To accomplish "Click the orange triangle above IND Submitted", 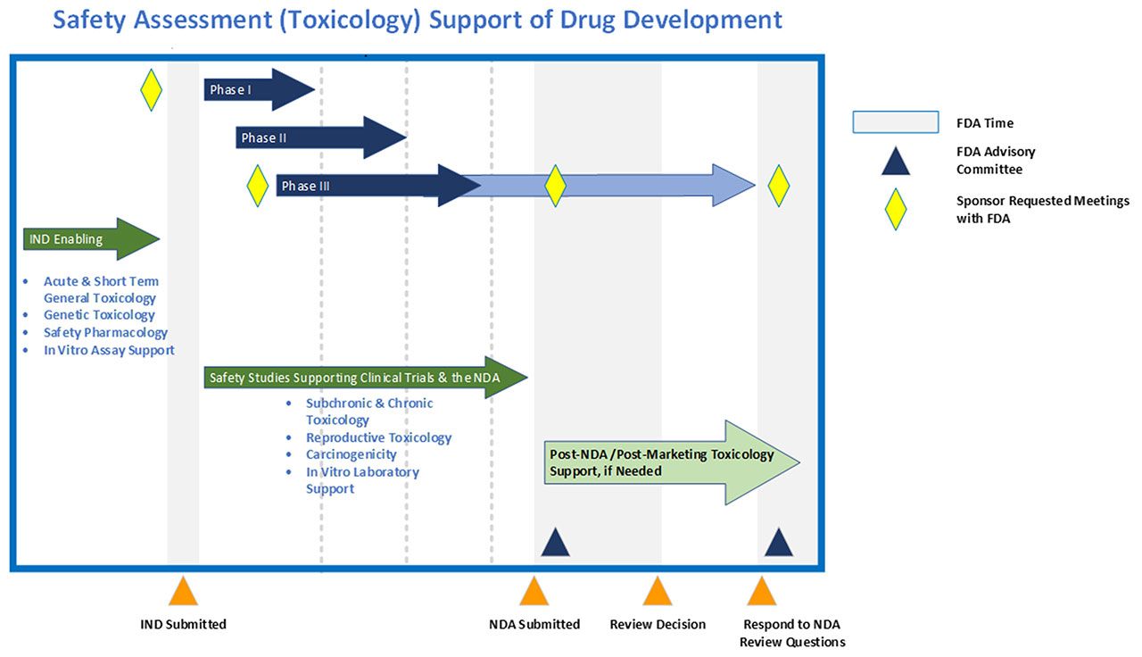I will tap(183, 592).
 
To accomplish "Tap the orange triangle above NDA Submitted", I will tap(534, 592).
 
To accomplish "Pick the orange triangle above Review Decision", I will tap(658, 592).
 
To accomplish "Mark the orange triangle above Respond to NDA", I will tap(761, 592).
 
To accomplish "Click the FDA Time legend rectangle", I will tap(895, 122).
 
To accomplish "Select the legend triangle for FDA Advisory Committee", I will tap(895, 162).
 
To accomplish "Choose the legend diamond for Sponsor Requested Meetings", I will tap(895, 209).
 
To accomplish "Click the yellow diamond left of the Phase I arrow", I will tap(152, 90).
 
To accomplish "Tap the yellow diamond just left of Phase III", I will tap(257, 186).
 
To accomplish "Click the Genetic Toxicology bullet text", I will tap(99, 315).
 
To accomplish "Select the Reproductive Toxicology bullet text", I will tap(378, 437).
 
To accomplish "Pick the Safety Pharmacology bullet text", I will tap(105, 332).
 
